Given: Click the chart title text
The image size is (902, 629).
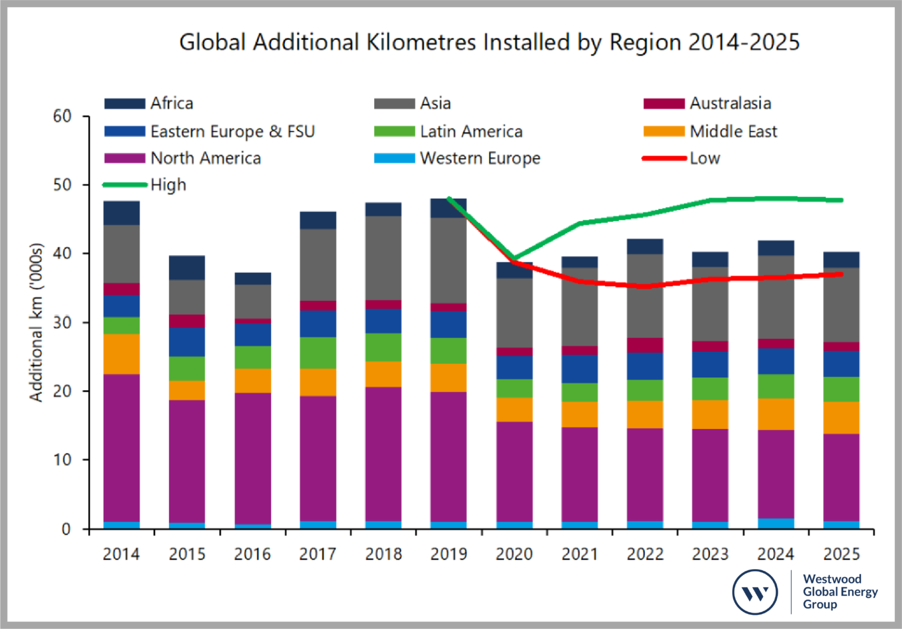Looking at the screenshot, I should (489, 42).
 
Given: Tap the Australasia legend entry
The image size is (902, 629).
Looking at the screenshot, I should (708, 103).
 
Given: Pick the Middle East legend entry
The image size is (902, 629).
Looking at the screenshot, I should (711, 131).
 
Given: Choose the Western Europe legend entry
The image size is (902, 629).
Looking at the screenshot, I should (457, 158).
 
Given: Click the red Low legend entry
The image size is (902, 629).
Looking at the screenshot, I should (681, 158).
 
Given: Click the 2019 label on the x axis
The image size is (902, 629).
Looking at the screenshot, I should (449, 554).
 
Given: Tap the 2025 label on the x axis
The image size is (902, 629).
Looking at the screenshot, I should (841, 554).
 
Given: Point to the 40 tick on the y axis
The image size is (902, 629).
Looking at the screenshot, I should (62, 253).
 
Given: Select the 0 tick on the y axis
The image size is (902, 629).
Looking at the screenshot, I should (66, 529).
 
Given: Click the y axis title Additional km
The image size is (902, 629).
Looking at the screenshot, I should (36, 322).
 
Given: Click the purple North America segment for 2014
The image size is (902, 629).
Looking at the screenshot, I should (122, 447).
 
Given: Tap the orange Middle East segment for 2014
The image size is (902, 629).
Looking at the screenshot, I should (122, 354).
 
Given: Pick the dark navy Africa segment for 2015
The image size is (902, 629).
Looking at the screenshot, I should (187, 267).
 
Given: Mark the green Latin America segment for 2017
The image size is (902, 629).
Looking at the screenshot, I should (318, 353).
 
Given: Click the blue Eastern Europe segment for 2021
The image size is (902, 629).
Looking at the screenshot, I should (579, 369).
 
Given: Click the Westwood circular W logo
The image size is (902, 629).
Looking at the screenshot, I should (755, 592).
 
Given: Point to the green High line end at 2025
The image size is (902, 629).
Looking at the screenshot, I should (841, 200).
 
